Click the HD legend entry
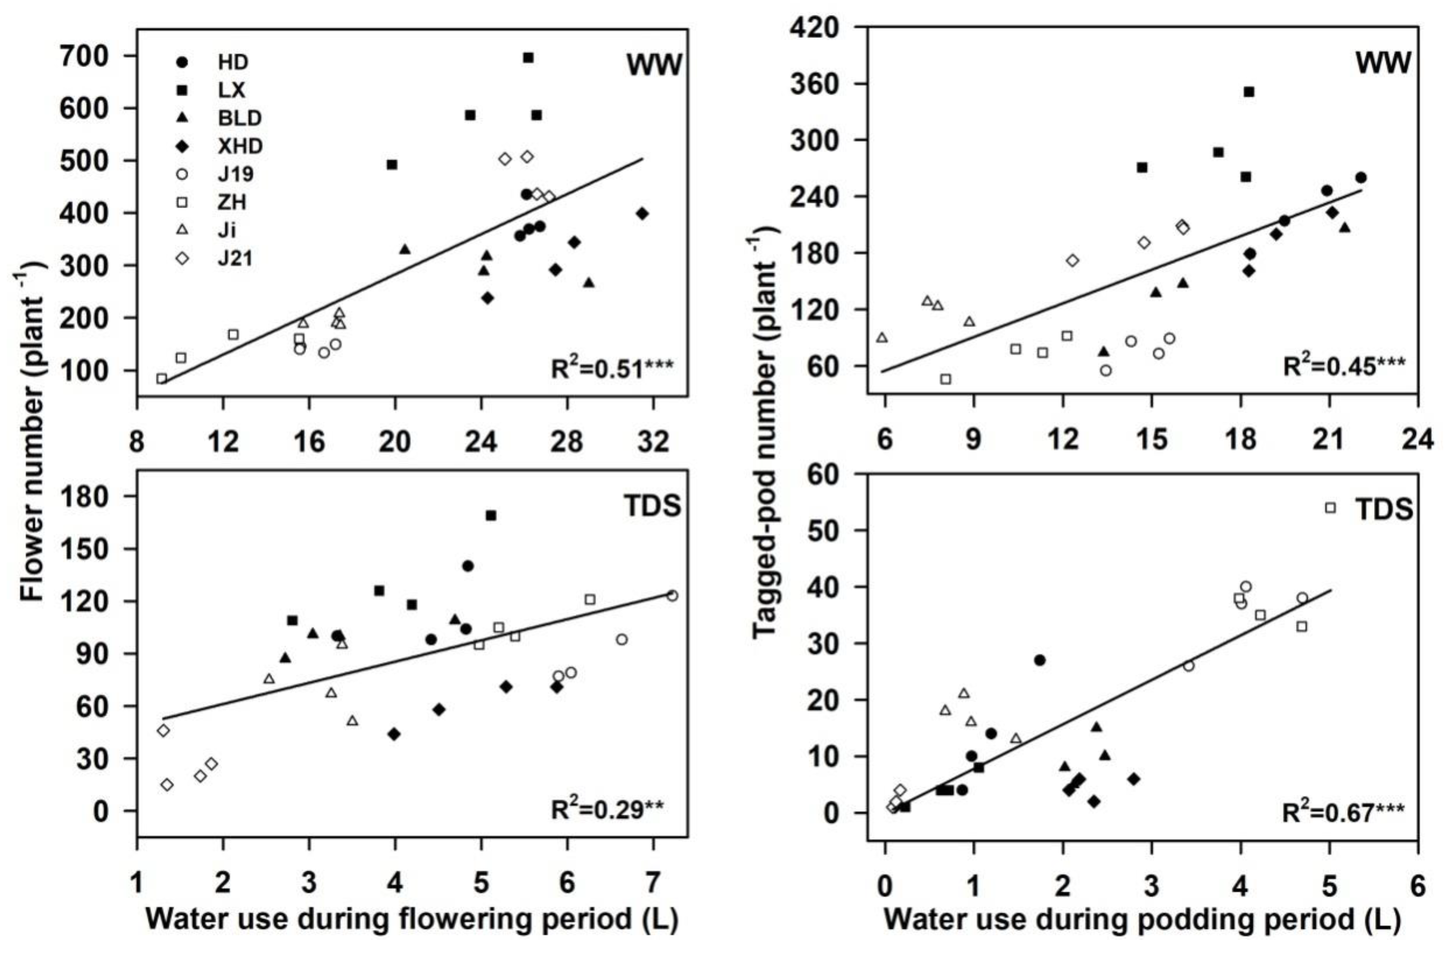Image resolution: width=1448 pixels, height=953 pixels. pos(233,62)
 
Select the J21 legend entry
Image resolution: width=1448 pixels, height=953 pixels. pos(234,258)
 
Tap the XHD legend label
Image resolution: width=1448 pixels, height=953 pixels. pos(240,146)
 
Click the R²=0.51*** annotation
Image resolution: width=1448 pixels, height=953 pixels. pos(612,368)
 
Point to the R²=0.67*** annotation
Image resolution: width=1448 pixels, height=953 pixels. pos(1343,812)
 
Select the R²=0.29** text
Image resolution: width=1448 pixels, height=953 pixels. pos(607,809)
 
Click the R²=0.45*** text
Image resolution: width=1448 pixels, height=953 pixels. pos(1343,366)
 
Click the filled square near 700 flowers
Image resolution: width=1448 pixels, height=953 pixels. pos(528,58)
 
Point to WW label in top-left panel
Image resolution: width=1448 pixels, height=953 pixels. pos(654,65)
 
